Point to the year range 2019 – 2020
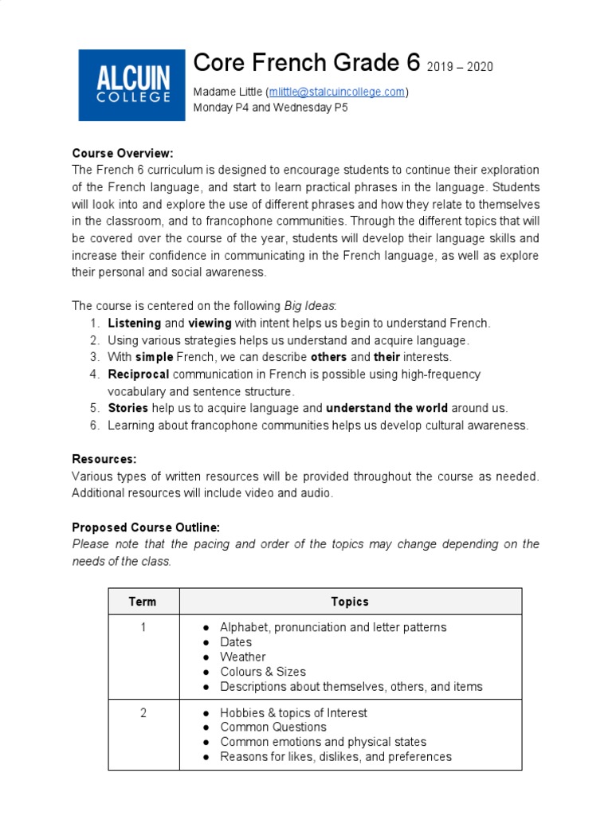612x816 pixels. (460, 66)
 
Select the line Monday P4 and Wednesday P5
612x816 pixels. (271, 107)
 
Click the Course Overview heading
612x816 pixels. (123, 153)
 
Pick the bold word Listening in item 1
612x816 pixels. (134, 323)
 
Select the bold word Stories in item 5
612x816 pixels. (127, 408)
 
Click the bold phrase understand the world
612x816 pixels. (386, 408)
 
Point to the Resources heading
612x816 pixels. (104, 459)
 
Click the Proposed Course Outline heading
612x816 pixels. (146, 528)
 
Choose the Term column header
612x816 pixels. (143, 602)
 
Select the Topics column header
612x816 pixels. (350, 602)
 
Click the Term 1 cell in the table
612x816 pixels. (143, 627)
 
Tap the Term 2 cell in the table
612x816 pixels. (143, 712)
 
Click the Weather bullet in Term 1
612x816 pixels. (243, 657)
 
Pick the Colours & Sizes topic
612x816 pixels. (263, 672)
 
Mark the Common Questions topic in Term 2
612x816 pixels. (273, 727)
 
